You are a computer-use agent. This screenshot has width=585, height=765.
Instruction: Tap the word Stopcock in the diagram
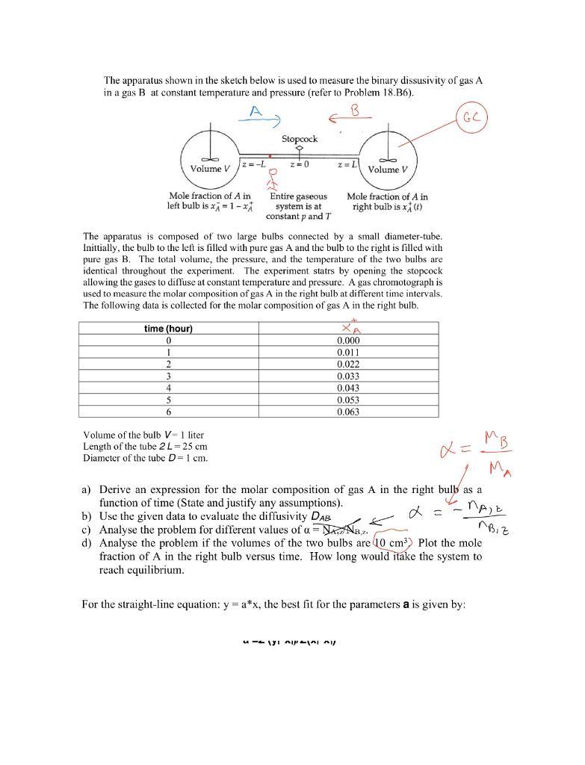(x=300, y=139)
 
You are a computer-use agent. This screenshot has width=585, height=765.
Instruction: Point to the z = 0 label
(x=300, y=163)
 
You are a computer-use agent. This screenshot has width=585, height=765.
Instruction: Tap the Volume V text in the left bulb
(x=208, y=168)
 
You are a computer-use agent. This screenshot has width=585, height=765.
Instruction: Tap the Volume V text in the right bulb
(x=391, y=168)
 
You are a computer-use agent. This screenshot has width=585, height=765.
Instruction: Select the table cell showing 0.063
(x=348, y=411)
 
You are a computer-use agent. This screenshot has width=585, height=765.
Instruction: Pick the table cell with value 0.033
(x=348, y=376)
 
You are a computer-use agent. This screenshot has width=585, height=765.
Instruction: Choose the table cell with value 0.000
(x=348, y=341)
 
